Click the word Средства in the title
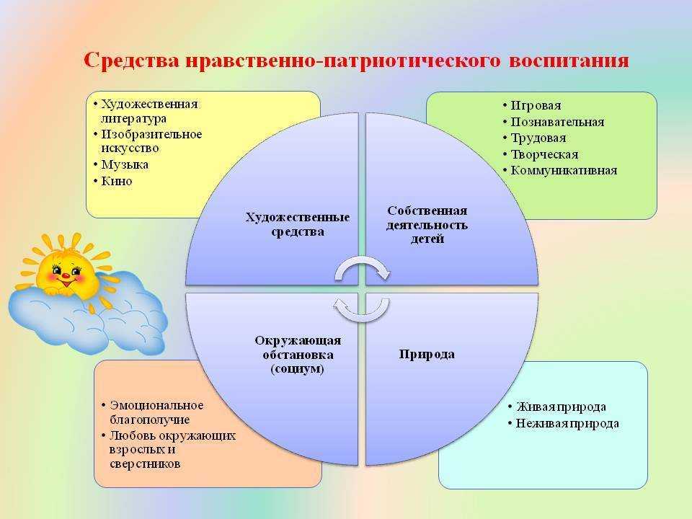[131, 60]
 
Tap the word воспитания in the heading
[569, 61]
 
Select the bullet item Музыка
[125, 165]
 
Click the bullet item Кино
[117, 181]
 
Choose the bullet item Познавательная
[557, 122]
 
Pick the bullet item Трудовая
[538, 138]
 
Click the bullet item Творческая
[544, 154]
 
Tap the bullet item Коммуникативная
[564, 170]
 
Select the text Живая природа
[561, 407]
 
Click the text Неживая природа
[567, 424]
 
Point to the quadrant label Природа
[427, 355]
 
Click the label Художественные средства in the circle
[298, 225]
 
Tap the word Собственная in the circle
[427, 211]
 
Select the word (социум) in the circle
[298, 369]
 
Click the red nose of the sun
[64, 276]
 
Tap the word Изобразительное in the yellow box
[151, 134]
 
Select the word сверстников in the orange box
[145, 463]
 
